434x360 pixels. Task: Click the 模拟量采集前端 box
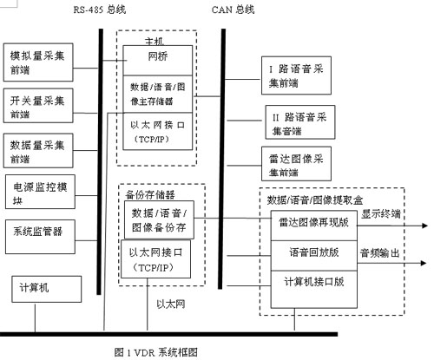pyautogui.click(x=38, y=62)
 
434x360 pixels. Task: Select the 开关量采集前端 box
pyautogui.click(x=38, y=106)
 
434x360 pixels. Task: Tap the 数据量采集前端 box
pyautogui.click(x=38, y=151)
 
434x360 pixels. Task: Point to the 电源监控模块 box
pyautogui.click(x=40, y=192)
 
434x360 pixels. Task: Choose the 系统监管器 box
pyautogui.click(x=40, y=237)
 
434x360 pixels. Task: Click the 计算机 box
pyautogui.click(x=46, y=289)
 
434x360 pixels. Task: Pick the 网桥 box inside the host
pyautogui.click(x=158, y=61)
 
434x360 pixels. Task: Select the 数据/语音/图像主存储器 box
pyautogui.click(x=158, y=95)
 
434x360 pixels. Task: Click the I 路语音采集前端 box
pyautogui.click(x=296, y=75)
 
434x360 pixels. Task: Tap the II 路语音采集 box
pyautogui.click(x=300, y=122)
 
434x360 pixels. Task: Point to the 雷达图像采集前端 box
pyautogui.click(x=296, y=164)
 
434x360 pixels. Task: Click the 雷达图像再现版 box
pyautogui.click(x=314, y=226)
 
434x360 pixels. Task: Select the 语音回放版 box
pyautogui.click(x=314, y=256)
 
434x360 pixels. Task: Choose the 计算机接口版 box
pyautogui.click(x=314, y=290)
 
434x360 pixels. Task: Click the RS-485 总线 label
pyautogui.click(x=100, y=10)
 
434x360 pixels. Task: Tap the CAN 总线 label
pyautogui.click(x=233, y=10)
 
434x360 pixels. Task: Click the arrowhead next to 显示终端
pyautogui.click(x=424, y=226)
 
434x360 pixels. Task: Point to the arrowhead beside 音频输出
pyautogui.click(x=424, y=263)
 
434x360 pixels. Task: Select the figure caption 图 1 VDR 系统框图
pyautogui.click(x=156, y=352)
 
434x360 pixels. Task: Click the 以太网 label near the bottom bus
pyautogui.click(x=171, y=304)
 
